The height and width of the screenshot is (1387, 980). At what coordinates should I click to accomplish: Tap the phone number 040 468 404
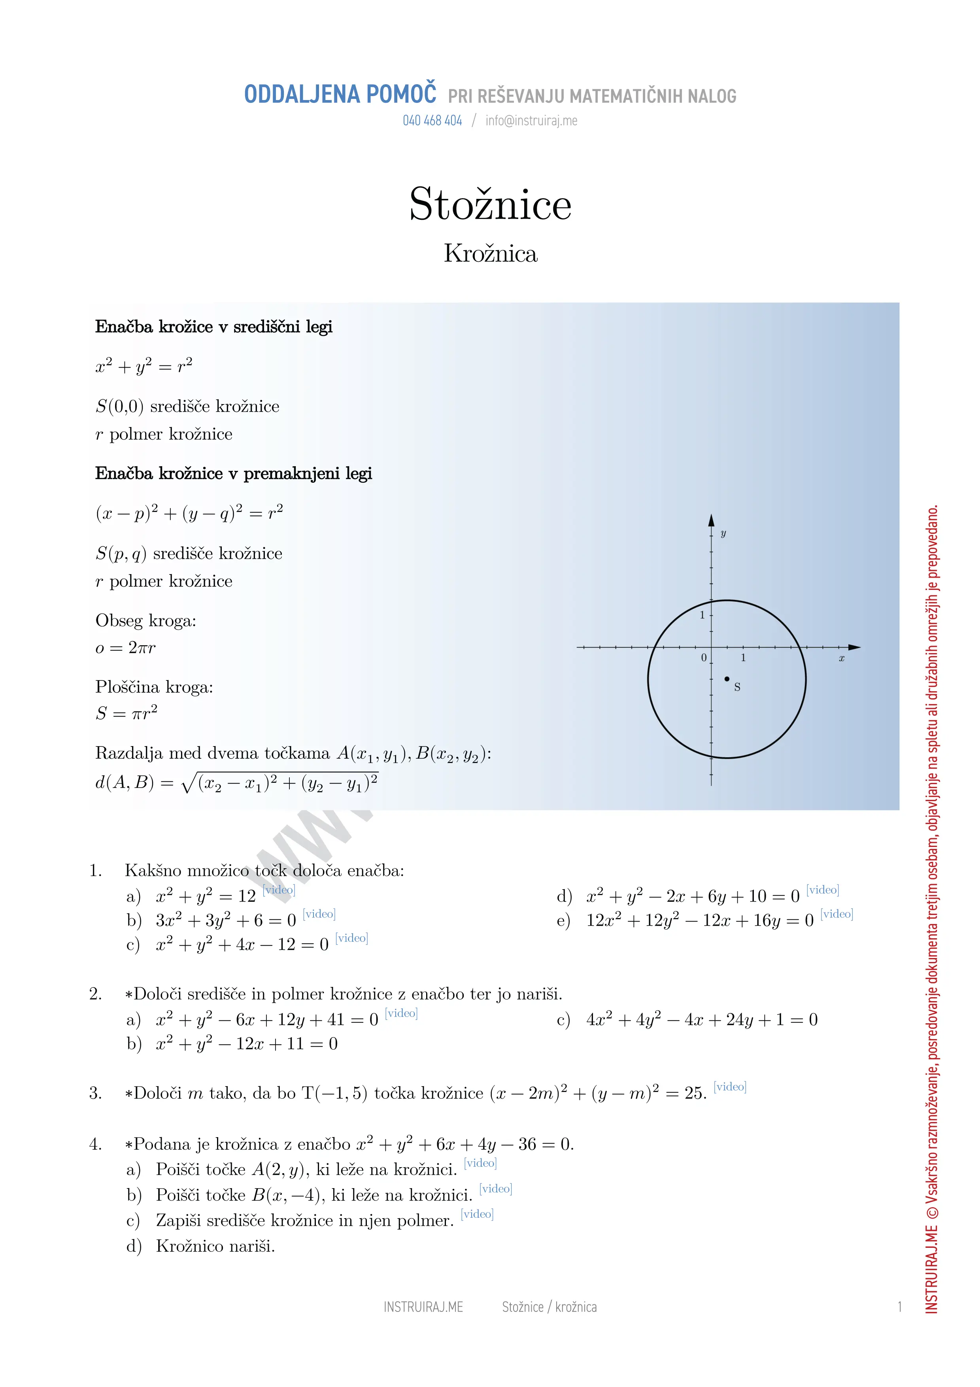432,121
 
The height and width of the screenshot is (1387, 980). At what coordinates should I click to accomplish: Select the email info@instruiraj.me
531,121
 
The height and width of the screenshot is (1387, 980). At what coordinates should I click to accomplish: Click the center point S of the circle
727,679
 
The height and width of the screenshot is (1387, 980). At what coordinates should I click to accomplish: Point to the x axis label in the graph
841,658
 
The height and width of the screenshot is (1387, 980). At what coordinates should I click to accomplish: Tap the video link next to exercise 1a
279,890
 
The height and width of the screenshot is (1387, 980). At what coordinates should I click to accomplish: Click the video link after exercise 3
730,1087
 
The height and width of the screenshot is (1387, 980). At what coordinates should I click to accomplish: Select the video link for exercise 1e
836,914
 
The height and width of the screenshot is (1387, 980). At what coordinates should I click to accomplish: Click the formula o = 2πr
126,648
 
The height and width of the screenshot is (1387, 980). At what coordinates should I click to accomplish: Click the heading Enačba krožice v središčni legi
214,327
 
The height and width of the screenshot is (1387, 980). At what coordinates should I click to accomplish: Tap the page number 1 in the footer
899,1307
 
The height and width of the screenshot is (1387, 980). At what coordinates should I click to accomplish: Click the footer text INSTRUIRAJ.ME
423,1307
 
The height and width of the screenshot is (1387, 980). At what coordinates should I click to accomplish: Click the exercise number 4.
95,1144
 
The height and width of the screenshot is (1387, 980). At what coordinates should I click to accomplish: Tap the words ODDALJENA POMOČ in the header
340,95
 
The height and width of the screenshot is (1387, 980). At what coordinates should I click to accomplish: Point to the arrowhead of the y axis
711,520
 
